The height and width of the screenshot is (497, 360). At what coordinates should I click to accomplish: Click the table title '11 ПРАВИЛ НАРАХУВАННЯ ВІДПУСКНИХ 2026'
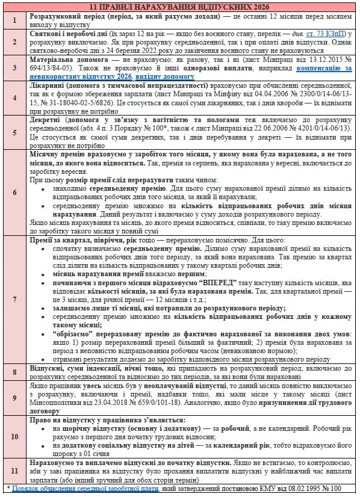pyautogui.click(x=180, y=5)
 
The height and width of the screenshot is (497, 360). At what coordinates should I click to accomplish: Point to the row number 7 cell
pyautogui.click(x=15, y=298)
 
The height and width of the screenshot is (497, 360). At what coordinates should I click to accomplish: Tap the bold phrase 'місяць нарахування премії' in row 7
pyautogui.click(x=90, y=272)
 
